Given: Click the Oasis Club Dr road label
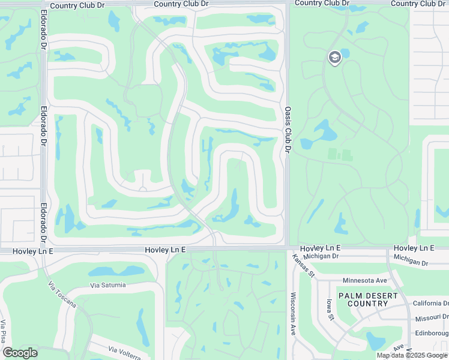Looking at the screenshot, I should [x=288, y=129].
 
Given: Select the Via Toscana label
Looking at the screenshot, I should [x=62, y=296].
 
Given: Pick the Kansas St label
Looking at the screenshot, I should [x=304, y=266].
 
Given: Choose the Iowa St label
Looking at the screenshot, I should [x=330, y=310].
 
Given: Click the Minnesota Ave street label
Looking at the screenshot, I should [x=364, y=280].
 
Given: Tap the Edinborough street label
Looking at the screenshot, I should [x=431, y=333].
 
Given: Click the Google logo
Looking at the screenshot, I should [x=20, y=353].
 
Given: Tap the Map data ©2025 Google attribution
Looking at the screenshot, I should [x=411, y=355].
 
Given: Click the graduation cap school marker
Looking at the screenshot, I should [x=334, y=58].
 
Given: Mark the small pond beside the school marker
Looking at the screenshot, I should [x=345, y=53].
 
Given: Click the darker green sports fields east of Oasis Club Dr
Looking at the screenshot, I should [x=340, y=154].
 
